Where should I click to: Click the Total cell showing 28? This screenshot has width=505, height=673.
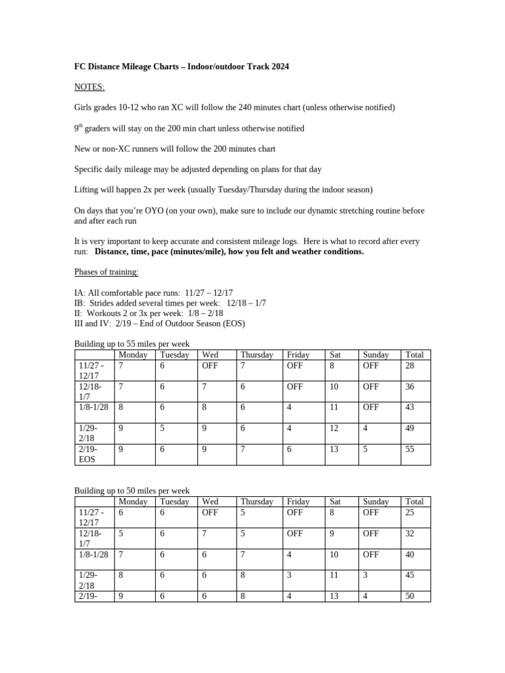click(x=411, y=365)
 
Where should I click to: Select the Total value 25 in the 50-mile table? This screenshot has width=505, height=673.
click(x=411, y=511)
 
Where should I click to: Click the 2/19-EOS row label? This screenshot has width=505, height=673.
click(x=87, y=453)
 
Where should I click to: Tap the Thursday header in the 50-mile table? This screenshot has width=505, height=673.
click(x=256, y=501)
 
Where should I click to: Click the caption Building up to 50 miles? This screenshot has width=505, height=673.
click(x=132, y=491)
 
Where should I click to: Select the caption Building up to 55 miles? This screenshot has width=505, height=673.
click(x=132, y=344)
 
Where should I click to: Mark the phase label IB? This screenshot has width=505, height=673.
click(x=80, y=303)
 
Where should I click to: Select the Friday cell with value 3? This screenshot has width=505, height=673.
click(x=289, y=574)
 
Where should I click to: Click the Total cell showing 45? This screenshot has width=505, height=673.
click(x=411, y=574)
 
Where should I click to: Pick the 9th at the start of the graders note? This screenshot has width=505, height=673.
click(x=78, y=128)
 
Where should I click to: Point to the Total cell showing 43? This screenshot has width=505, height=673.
click(x=411, y=407)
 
